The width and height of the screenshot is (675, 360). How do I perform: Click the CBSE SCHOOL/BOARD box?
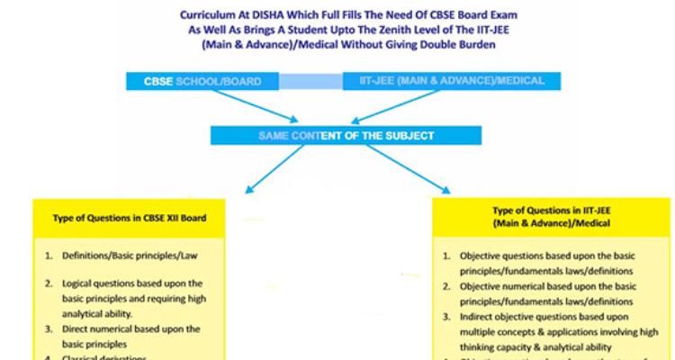point(202,81)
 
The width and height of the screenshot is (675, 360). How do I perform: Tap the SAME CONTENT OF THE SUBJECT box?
point(346,135)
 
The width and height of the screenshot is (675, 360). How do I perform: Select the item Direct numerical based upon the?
point(131,328)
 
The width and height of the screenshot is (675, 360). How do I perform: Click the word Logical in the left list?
point(78,283)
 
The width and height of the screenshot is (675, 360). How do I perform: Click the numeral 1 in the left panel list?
point(48,256)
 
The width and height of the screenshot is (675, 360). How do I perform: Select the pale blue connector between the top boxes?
point(310,81)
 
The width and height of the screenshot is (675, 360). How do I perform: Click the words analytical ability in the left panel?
point(98,313)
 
